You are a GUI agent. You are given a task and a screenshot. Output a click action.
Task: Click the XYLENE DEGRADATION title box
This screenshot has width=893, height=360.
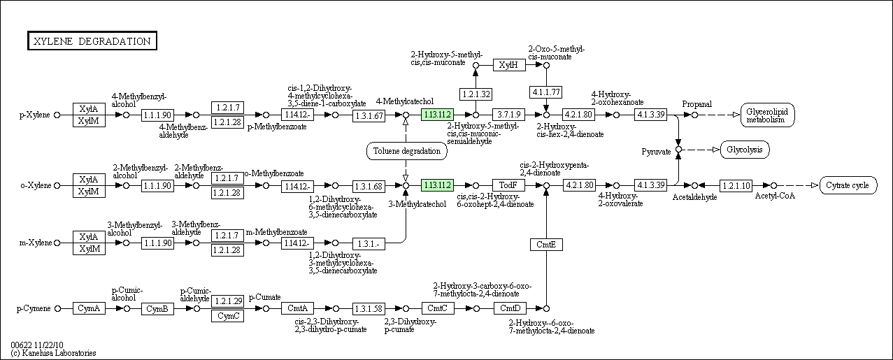point(92,41)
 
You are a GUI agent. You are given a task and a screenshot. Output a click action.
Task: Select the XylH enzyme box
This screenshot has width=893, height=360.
point(509,65)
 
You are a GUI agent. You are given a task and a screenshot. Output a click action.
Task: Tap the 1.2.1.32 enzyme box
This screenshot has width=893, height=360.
point(476,94)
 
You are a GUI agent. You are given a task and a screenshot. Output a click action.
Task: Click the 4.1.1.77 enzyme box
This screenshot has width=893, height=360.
point(546,92)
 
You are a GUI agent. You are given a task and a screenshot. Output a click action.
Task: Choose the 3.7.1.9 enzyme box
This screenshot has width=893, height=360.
point(508,115)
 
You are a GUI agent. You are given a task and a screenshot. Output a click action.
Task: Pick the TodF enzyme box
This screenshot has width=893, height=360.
point(508,185)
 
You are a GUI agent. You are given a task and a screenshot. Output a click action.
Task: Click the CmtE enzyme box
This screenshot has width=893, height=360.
point(546,245)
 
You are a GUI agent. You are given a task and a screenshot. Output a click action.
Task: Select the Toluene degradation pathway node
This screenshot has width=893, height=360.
point(406,151)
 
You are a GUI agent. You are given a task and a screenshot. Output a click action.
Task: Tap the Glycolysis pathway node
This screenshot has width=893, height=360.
point(745,150)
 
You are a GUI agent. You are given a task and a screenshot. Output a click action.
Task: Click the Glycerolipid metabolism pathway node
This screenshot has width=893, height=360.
point(767,115)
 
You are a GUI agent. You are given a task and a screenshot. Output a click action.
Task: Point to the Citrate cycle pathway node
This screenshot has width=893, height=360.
point(848,185)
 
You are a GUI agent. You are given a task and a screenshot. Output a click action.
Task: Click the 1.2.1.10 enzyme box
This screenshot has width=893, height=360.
point(736,185)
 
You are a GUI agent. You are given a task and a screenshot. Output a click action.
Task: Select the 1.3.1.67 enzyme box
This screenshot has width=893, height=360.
point(369,115)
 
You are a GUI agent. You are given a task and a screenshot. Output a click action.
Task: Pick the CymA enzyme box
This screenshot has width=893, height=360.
point(89,308)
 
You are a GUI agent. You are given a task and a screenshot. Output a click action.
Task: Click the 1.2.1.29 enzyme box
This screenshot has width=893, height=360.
point(227,301)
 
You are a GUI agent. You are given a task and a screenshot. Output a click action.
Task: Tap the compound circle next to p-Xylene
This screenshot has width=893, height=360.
point(57,115)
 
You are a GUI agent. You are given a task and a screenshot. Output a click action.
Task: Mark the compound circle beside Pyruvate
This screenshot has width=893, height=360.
point(678,150)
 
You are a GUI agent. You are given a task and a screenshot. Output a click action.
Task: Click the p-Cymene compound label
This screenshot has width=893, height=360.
point(34,308)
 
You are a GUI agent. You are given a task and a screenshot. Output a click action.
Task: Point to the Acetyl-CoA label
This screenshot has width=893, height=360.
point(775,196)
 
